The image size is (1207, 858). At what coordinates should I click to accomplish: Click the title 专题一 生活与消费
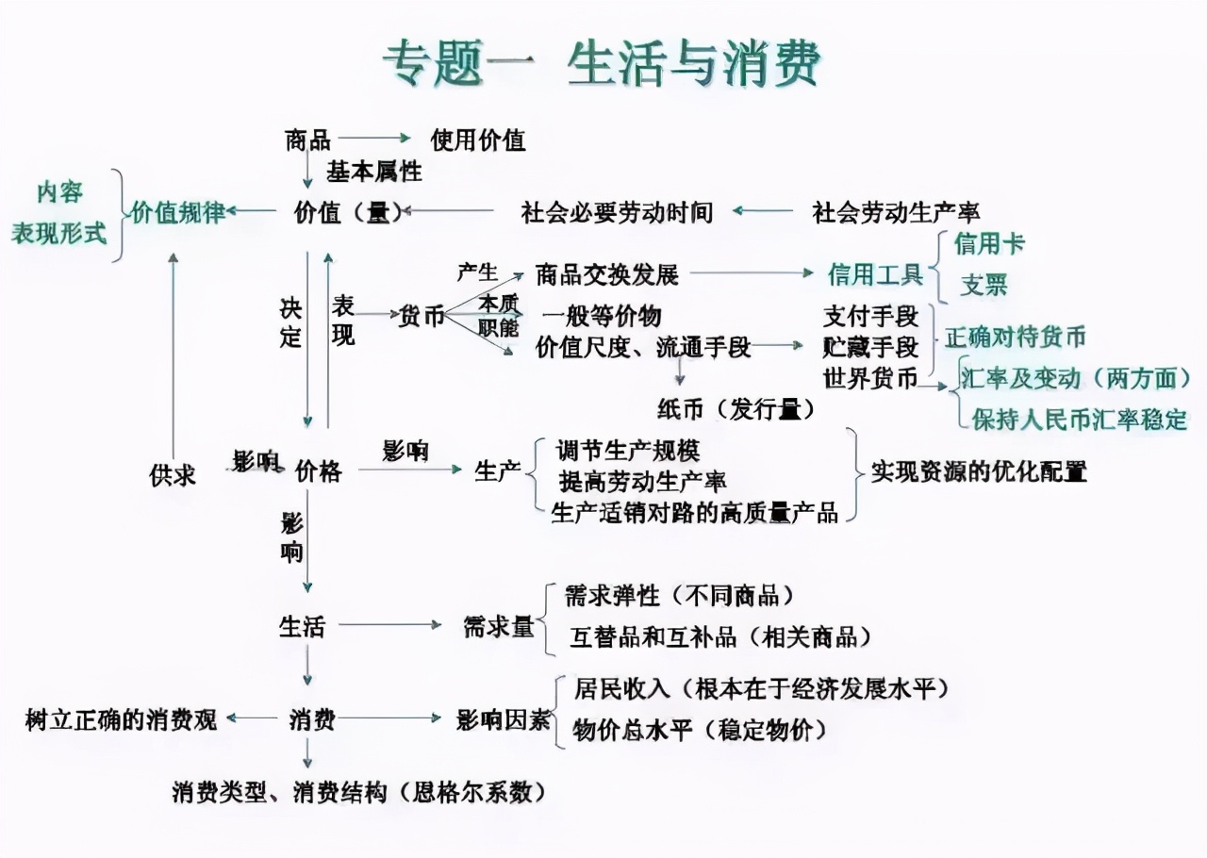coord(602,64)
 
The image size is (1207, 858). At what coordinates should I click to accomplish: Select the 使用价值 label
coord(478,140)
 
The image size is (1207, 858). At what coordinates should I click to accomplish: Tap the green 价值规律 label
coord(178,212)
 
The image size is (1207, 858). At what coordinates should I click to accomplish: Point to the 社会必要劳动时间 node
coord(617,212)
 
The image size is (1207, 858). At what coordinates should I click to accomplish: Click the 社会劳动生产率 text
coord(896,212)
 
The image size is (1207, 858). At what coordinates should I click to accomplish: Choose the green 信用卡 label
coord(989,243)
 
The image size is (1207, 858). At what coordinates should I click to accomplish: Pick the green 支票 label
coord(984,285)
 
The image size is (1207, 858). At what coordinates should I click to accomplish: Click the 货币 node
coord(422,316)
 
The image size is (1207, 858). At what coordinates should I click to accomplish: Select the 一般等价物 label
coord(602,316)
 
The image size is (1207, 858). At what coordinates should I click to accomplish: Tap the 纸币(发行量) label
coord(736,409)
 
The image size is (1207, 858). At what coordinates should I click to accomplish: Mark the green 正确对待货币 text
coord(1016,338)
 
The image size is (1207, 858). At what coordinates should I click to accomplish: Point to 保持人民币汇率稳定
coord(1080,420)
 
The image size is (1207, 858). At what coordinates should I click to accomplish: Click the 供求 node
coord(173,475)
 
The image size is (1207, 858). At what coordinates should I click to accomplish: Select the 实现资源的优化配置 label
coord(979,471)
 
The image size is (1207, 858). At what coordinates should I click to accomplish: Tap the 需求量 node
coord(499,627)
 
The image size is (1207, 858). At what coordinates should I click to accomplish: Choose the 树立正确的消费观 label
coord(122,720)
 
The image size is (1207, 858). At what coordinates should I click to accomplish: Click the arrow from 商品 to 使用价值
coord(374,138)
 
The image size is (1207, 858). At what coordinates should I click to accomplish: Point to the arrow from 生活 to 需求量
coord(390,624)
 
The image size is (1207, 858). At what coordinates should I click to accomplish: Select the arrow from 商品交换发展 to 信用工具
coord(752,272)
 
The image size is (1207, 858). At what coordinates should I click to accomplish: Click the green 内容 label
coord(59,192)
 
